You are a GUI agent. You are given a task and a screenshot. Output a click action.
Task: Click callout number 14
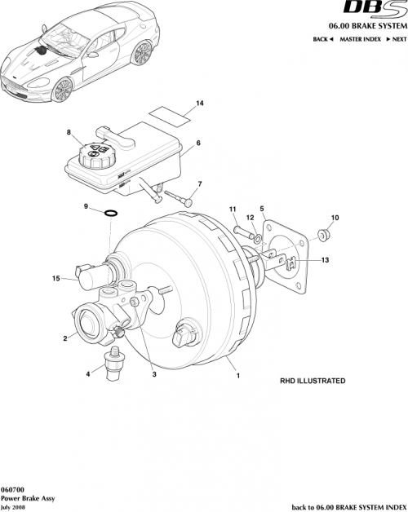tap(198, 103)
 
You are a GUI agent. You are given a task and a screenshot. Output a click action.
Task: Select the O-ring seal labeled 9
tap(111, 214)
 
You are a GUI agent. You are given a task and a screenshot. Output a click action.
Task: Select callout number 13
tap(325, 260)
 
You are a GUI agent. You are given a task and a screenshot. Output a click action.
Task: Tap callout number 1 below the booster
tap(237, 377)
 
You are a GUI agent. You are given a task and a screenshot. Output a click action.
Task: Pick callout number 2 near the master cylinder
tap(64, 336)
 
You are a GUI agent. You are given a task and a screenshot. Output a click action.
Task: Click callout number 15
tap(55, 279)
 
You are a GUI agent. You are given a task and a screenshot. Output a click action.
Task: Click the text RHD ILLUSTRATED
tap(313, 381)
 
